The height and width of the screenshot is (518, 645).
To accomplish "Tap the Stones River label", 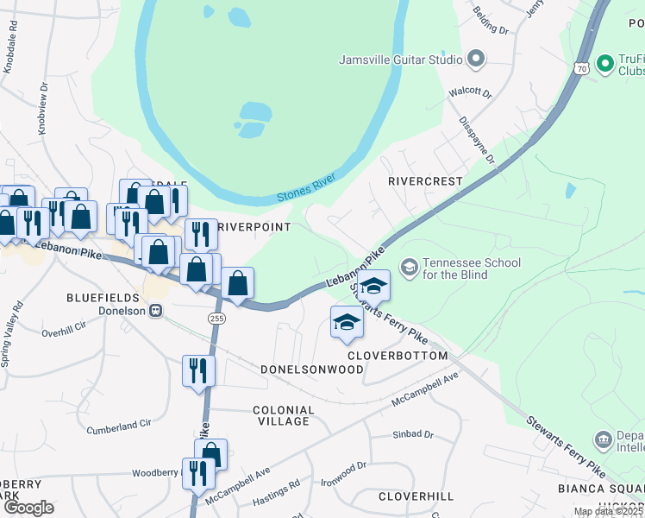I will [305, 191].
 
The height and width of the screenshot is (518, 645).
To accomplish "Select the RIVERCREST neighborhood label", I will [425, 182].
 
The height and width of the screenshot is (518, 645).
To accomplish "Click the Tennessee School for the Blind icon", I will [409, 268].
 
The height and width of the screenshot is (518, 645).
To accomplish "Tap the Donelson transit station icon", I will [156, 311].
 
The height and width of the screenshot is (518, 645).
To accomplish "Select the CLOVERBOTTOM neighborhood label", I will [398, 356].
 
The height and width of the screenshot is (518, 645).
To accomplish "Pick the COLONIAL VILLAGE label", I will [284, 415].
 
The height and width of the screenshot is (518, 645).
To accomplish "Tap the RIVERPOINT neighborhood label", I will [254, 226].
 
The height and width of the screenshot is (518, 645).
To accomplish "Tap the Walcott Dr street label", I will [470, 92].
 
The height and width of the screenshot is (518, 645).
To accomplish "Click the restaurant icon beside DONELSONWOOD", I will [199, 370].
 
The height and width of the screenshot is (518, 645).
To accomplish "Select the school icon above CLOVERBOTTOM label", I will [347, 321].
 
